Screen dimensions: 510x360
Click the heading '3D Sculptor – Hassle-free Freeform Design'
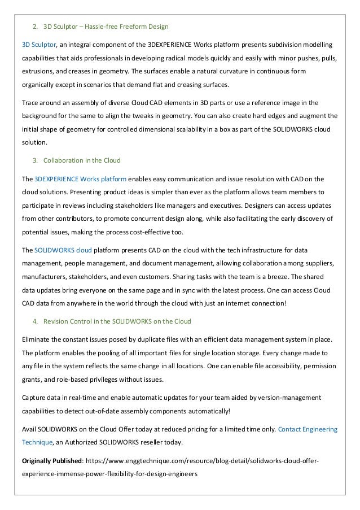click(x=106, y=27)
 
